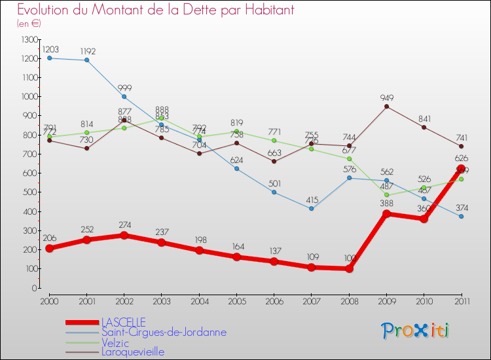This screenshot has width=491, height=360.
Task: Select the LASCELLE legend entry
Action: tap(123, 322)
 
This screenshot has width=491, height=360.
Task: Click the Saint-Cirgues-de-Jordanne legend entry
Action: tap(164, 332)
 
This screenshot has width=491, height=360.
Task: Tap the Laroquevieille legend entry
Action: tap(133, 351)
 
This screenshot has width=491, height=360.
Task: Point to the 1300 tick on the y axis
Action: tap(30, 39)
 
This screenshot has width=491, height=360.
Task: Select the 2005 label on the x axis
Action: tap(236, 300)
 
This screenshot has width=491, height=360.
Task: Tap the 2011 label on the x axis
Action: tap(461, 300)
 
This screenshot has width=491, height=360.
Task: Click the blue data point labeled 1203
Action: tap(49, 58)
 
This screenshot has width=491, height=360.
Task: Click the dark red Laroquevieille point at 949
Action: tap(386, 107)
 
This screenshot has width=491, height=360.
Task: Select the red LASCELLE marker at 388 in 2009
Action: tap(386, 214)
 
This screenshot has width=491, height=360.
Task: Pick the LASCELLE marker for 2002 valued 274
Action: tap(124, 236)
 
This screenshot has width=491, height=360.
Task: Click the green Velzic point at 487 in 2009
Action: tap(386, 195)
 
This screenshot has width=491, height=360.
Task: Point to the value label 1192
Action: tap(87, 50)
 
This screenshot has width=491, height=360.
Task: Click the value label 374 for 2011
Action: tap(461, 207)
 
